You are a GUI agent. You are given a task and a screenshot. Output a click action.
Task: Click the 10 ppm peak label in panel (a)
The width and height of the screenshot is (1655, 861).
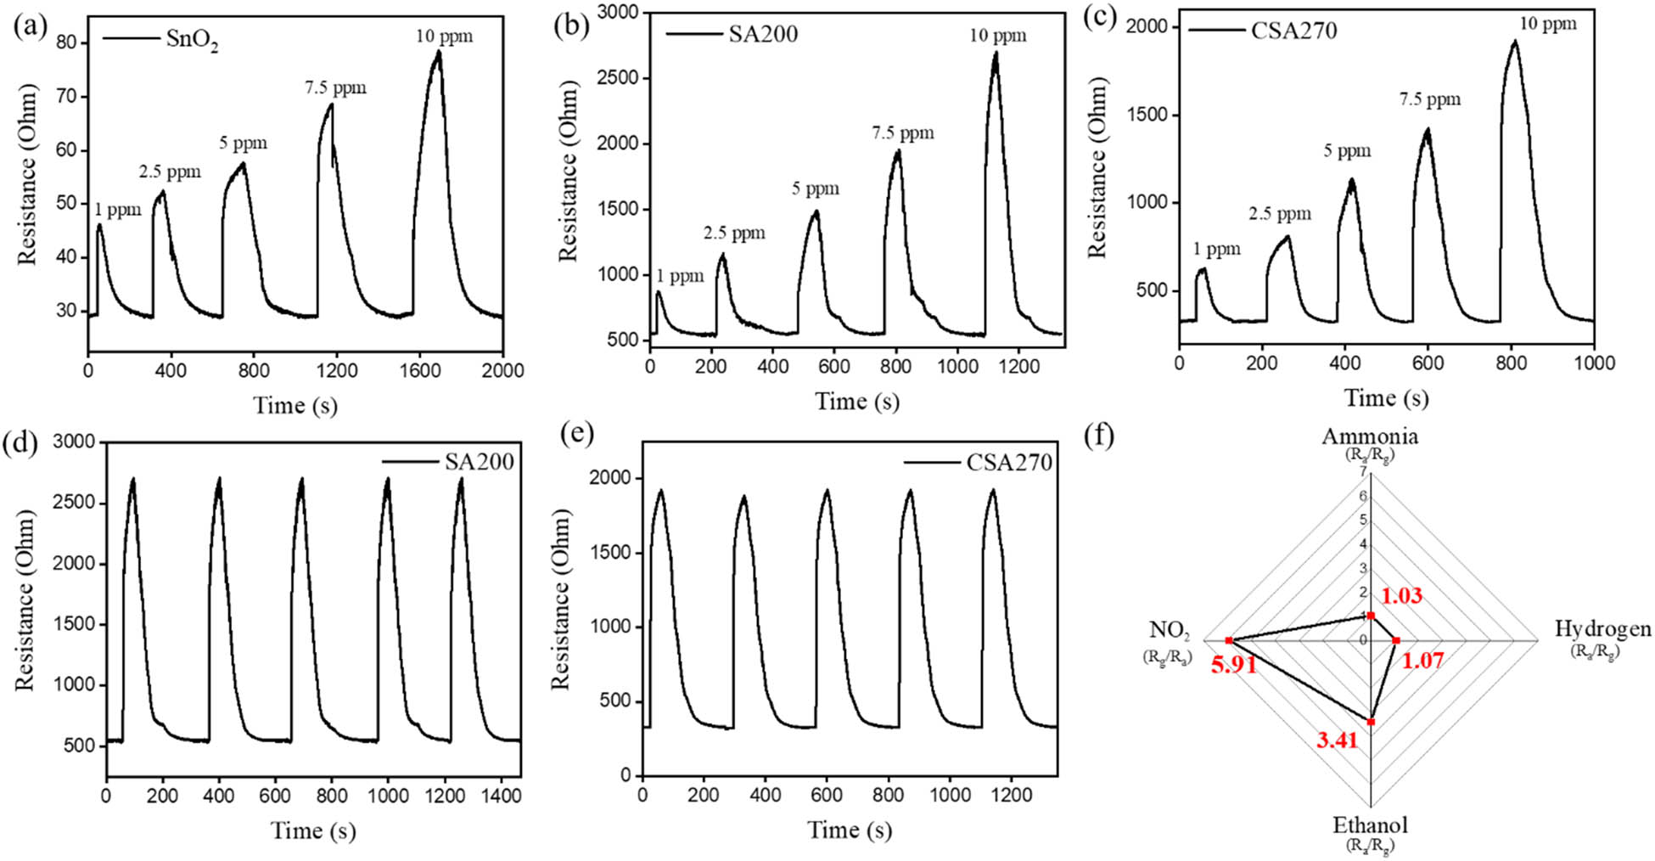444,37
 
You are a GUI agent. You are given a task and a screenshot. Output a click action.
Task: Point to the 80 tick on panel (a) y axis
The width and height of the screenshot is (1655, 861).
66,43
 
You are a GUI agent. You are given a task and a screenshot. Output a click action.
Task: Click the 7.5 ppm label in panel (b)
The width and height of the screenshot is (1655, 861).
902,133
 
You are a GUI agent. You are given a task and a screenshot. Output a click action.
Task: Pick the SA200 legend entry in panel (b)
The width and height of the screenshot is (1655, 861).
763,34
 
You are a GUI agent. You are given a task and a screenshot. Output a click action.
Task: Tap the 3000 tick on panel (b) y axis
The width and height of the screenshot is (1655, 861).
618,12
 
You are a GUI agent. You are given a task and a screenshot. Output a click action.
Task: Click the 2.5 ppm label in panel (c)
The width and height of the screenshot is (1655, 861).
1279,214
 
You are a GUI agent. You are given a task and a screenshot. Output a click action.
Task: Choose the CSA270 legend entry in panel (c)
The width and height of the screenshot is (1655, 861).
1293,31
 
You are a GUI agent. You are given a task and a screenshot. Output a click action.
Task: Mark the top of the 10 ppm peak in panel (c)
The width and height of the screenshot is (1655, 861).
1513,42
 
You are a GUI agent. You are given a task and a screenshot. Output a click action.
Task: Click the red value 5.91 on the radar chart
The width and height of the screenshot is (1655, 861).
1234,665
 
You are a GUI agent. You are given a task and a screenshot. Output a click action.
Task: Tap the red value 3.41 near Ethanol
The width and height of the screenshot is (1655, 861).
1338,740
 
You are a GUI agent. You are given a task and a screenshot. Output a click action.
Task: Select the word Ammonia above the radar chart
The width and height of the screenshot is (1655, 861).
1369,436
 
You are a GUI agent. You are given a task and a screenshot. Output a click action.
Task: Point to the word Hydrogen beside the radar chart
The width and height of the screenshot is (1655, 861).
1602,629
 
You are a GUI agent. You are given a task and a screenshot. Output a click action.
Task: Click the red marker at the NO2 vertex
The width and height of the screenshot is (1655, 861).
1228,640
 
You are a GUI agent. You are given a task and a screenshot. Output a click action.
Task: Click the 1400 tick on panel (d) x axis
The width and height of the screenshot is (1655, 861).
501,796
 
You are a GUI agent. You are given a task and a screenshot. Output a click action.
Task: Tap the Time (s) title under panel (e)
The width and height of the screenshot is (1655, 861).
849,830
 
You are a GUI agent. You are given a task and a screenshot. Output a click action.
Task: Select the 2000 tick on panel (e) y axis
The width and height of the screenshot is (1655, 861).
609,479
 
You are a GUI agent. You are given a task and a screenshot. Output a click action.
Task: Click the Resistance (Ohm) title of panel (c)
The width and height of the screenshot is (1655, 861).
1098,167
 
